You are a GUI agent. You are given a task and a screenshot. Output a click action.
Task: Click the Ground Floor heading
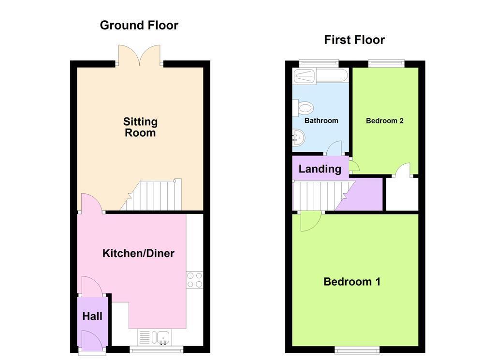point(139,25)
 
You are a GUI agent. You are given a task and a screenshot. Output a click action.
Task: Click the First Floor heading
point(354,40)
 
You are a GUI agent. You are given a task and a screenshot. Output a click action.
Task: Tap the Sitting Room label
point(140,127)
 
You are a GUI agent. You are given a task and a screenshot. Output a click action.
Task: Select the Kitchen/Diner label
point(138,253)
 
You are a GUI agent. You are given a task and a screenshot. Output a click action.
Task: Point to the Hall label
point(92,316)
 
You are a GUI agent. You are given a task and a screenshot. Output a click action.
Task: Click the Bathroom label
point(321,120)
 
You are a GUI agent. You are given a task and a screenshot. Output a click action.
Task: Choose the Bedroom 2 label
point(384,120)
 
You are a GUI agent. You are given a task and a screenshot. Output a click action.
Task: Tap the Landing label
point(320,169)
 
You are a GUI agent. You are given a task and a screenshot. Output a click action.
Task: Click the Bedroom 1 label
point(352,281)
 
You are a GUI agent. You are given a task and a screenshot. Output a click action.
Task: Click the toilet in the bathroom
point(303,108)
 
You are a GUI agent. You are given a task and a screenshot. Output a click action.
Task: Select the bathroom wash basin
point(298,138)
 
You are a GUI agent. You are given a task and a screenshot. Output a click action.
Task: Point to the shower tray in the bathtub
point(305,76)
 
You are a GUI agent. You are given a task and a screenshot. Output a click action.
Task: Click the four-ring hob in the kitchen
point(194,280)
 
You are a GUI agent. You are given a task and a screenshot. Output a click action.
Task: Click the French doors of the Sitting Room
point(139,56)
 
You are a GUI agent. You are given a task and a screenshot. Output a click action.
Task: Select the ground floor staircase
point(151,195)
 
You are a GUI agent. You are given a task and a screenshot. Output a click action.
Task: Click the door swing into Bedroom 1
point(311,222)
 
